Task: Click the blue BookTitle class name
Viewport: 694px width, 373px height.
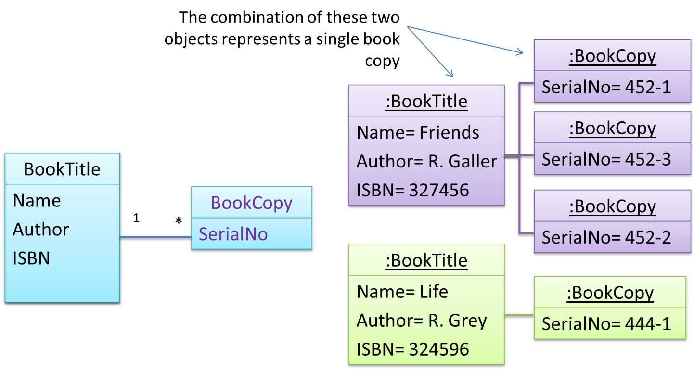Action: point(62,169)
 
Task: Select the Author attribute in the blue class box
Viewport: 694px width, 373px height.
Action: point(40,229)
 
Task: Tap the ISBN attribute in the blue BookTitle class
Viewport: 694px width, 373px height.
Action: point(31,258)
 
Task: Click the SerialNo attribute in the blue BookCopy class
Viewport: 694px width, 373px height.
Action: point(233,234)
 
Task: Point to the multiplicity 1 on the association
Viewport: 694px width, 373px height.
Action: point(136,218)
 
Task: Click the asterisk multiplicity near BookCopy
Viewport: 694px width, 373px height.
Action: point(179,221)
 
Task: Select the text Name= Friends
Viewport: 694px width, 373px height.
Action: point(418,132)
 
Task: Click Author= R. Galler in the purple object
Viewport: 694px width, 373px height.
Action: point(426,161)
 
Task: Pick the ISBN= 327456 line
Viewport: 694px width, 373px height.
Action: point(412,190)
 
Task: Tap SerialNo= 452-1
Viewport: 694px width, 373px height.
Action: point(606,87)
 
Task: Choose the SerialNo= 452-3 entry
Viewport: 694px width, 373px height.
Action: point(606,159)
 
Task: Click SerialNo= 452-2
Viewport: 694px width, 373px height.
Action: point(606,238)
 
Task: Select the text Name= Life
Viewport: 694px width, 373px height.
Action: point(402,292)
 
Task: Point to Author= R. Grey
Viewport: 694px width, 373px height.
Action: point(422,321)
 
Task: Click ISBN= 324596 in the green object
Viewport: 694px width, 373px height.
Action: point(412,349)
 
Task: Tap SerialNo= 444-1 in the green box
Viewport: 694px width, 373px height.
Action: point(606,324)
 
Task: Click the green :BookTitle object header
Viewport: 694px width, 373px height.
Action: point(426,260)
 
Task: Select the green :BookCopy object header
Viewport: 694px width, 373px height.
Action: point(610,293)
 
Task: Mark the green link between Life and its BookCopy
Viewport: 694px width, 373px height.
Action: point(519,315)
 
